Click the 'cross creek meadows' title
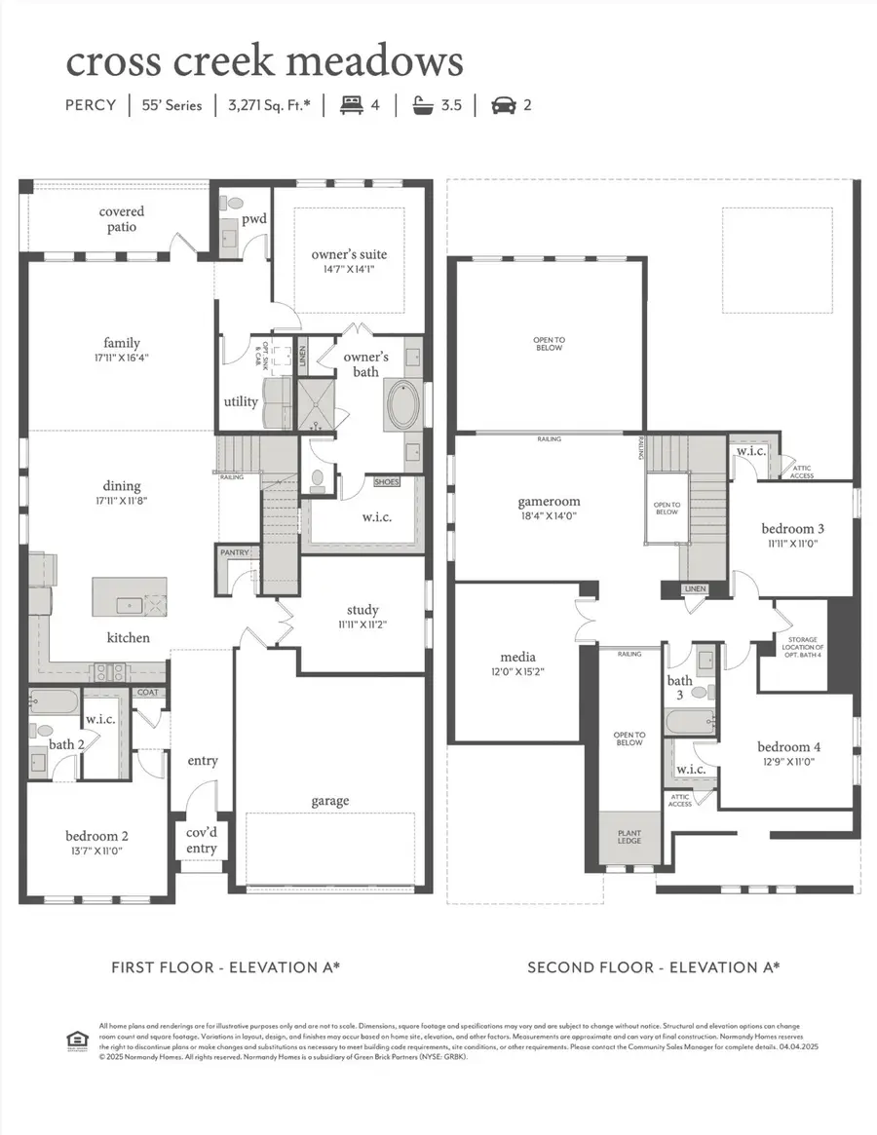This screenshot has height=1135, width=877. coord(264,61)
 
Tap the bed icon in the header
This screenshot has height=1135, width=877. coord(351,105)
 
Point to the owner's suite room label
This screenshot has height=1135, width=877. coord(349,255)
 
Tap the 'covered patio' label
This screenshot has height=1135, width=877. coord(122,219)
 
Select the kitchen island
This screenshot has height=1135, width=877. coord(130,596)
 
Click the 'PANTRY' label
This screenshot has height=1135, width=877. coord(235,553)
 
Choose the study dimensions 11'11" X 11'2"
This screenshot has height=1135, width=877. coord(362,625)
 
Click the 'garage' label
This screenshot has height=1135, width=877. coord(330,801)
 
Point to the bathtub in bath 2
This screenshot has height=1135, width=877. coord(52,700)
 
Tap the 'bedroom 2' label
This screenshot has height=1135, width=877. coord(96,835)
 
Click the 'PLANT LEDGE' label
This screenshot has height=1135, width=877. coord(629,836)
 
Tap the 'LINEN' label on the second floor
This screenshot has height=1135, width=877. coord(694,589)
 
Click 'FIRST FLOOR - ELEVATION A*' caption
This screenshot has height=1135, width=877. coord(225,967)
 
